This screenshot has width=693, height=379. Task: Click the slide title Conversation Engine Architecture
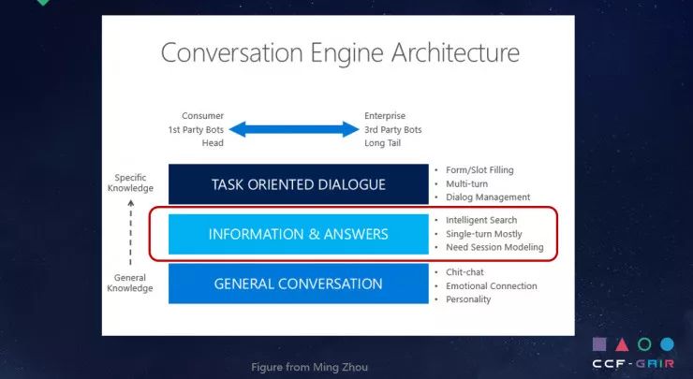pos(339,52)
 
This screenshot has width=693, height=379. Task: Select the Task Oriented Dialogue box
pos(298,184)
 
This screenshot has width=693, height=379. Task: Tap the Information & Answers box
pos(298,234)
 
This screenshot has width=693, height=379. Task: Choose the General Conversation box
pos(298,284)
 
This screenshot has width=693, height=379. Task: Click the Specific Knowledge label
pos(132,182)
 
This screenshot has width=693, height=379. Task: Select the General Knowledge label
pos(132,283)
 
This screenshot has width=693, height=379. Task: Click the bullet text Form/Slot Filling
pos(479,170)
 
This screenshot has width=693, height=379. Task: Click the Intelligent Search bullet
pos(481,221)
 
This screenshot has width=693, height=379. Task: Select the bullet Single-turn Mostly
pos(484,234)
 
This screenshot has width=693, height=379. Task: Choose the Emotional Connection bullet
pos(492,286)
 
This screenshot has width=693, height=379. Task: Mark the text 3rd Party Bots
pos(393,129)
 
